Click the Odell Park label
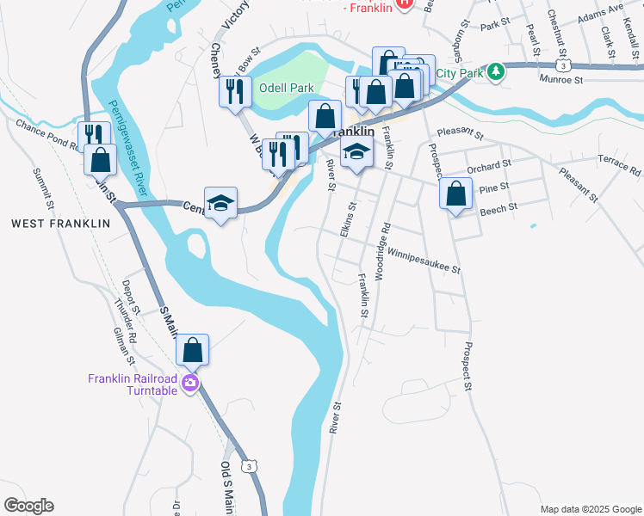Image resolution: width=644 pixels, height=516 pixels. [286, 88]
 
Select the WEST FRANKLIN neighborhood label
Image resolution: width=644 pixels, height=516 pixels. [61, 224]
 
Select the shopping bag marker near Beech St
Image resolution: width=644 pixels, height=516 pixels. [455, 194]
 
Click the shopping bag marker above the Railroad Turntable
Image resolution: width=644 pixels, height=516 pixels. [193, 350]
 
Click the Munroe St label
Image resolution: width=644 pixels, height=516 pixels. [560, 79]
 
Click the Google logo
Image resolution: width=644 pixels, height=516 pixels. [28, 506]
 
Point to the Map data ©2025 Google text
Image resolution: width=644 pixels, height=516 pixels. [590, 509]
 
